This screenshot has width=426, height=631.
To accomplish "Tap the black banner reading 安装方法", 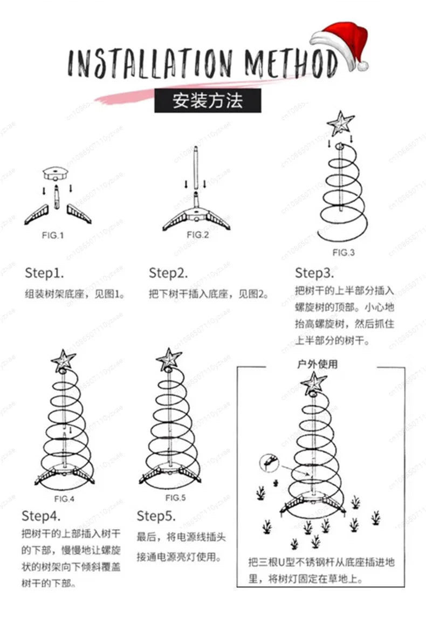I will (x=208, y=101).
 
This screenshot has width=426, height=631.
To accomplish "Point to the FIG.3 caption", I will (x=343, y=252).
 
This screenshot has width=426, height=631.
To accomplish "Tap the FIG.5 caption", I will (x=176, y=497).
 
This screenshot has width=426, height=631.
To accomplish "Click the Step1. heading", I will (x=44, y=273).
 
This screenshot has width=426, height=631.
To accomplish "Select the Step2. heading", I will (x=168, y=273).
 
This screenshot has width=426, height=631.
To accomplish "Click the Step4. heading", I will (x=41, y=516).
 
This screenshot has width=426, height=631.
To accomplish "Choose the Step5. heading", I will (x=156, y=516).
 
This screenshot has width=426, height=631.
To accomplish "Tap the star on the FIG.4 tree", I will (x=63, y=359).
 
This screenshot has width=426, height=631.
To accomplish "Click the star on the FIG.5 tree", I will (x=169, y=358).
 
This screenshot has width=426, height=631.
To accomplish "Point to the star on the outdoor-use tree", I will (x=314, y=383).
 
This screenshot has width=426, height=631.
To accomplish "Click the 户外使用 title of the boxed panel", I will (x=318, y=364).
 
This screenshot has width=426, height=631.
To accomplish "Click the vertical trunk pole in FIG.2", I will (x=195, y=173).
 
